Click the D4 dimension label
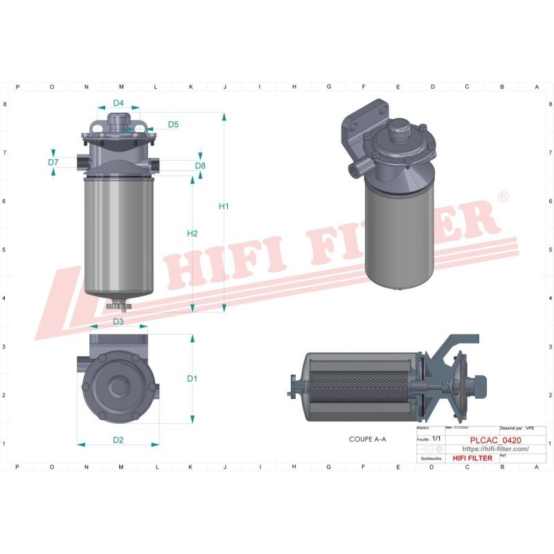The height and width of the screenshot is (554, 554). click(x=118, y=103)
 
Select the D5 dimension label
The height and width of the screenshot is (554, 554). click(x=173, y=125)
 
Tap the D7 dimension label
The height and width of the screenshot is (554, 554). click(x=53, y=163)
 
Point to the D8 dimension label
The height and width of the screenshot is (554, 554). click(x=200, y=166)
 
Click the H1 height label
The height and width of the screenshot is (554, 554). click(x=224, y=206)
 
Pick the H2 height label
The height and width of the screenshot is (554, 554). click(x=193, y=233)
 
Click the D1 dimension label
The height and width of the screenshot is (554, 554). click(x=193, y=379)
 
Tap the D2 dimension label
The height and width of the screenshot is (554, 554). click(x=118, y=440)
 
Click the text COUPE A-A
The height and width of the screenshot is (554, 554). click(x=368, y=439)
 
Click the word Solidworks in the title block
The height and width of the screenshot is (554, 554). click(x=431, y=458)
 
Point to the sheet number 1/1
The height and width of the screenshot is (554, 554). click(x=436, y=439)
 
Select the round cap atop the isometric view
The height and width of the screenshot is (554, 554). click(x=400, y=129)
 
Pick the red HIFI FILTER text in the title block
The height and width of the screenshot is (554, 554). click(x=472, y=458)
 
